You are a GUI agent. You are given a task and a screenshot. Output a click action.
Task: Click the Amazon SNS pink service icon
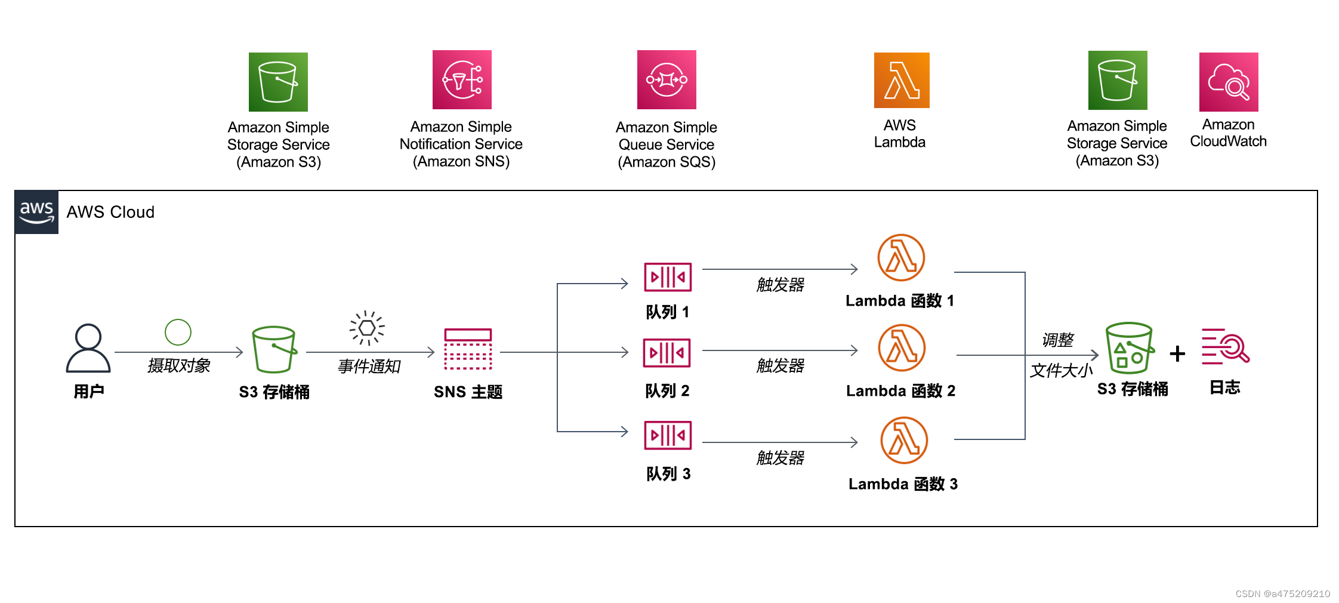(x=462, y=79)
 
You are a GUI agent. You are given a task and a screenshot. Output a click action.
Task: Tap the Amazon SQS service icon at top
(x=667, y=79)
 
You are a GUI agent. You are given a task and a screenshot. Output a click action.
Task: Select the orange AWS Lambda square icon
(x=902, y=80)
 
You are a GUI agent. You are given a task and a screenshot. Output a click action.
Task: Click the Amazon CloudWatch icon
(x=1229, y=82)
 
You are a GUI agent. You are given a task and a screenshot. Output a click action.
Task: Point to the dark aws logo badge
(x=36, y=212)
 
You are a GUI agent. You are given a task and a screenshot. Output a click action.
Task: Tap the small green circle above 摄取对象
(x=178, y=332)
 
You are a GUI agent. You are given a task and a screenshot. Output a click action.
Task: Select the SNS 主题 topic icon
(x=468, y=349)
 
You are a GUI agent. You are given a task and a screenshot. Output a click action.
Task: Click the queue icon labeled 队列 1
(x=668, y=277)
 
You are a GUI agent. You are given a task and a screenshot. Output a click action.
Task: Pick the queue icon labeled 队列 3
(x=668, y=435)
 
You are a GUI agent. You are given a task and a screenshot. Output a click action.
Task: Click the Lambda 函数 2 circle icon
(x=902, y=347)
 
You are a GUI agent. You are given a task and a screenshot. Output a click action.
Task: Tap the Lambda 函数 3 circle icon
(x=904, y=440)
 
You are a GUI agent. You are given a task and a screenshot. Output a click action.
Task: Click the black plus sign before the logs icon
(x=1177, y=353)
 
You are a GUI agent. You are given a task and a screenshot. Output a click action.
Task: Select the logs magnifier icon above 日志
(x=1225, y=346)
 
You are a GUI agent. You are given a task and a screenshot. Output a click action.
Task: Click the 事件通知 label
(x=369, y=366)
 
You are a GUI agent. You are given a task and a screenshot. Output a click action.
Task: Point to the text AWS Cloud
(x=110, y=212)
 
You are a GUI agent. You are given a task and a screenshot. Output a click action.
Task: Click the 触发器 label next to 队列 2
(x=780, y=365)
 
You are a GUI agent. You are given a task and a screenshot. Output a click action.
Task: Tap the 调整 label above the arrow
(x=1057, y=340)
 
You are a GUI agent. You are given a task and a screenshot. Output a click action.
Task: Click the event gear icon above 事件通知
(x=367, y=328)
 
